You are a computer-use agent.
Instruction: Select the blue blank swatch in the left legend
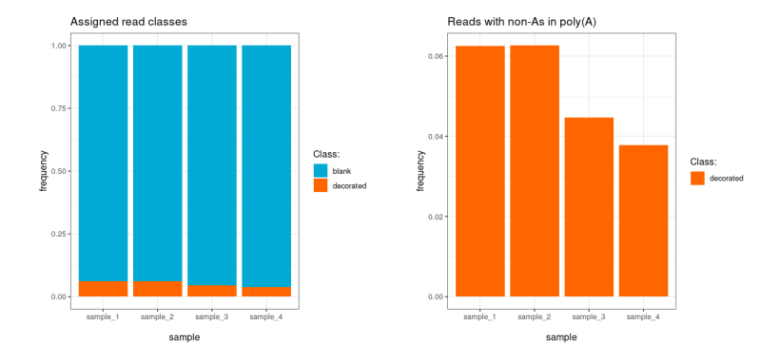pyautogui.click(x=321, y=171)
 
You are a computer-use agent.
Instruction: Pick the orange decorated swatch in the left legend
pyautogui.click(x=321, y=185)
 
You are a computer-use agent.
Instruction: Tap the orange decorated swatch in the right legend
pyautogui.click(x=697, y=178)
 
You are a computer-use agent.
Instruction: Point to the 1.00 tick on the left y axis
pyautogui.click(x=60, y=46)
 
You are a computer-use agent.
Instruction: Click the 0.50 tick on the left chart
pyautogui.click(x=60, y=171)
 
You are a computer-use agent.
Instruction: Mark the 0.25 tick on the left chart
pyautogui.click(x=60, y=234)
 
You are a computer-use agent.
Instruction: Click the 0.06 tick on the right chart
pyautogui.click(x=437, y=56)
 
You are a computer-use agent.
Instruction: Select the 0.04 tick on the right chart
pyautogui.click(x=437, y=136)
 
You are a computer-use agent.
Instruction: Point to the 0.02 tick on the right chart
pyautogui.click(x=437, y=217)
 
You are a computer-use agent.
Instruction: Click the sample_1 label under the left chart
pyautogui.click(x=103, y=315)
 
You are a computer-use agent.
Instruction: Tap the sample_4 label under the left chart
pyautogui.click(x=266, y=315)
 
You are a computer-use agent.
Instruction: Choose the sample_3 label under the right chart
pyautogui.click(x=589, y=315)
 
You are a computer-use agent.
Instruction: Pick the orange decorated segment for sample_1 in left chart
pyautogui.click(x=103, y=289)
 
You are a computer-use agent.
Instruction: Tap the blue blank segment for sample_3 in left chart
pyautogui.click(x=211, y=162)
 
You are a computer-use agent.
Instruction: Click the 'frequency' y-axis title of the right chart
pyautogui.click(x=420, y=171)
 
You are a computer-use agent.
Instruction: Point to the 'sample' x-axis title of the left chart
pyautogui.click(x=185, y=337)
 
